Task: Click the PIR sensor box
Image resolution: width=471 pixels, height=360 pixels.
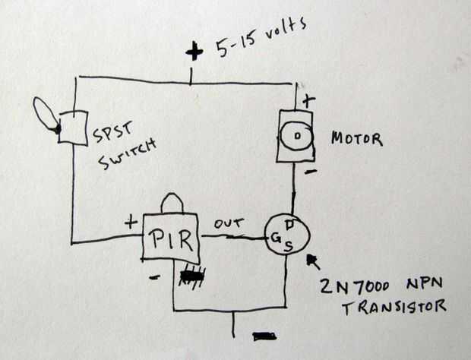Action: (x=172, y=242)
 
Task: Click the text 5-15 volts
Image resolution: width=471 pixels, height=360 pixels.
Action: (x=258, y=36)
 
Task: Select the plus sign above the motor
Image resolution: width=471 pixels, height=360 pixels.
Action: (x=308, y=100)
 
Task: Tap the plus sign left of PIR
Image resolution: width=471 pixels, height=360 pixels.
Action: (x=131, y=223)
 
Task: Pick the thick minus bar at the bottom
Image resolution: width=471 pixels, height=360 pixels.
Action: (x=264, y=335)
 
